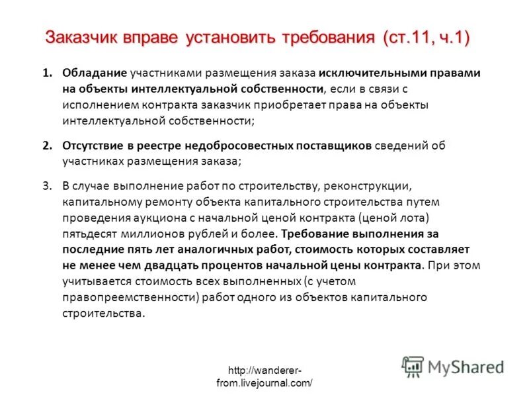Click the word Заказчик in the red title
point(81,38)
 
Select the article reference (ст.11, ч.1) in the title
point(426,38)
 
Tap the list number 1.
point(47,73)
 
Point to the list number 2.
point(47,146)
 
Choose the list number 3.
point(47,186)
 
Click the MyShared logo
point(454,366)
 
